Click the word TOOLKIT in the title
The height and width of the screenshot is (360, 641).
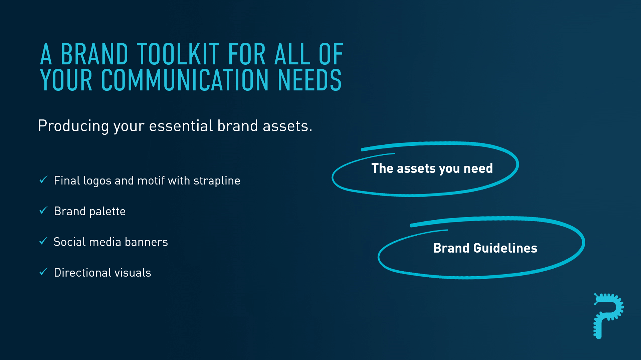tap(178, 54)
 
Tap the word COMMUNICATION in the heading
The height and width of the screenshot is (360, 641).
tap(185, 80)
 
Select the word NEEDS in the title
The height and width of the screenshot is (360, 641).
tap(309, 80)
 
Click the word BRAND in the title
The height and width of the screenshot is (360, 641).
tap(94, 54)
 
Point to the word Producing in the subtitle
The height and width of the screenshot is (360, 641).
tap(73, 126)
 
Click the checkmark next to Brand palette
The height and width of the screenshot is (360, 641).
tap(43, 210)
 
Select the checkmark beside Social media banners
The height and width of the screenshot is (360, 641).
tap(43, 241)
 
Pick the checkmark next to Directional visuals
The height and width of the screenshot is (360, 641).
tap(43, 272)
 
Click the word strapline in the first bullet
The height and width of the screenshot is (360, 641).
tap(217, 181)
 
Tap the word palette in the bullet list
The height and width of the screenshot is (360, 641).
tap(108, 211)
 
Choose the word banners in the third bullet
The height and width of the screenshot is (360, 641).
tap(146, 242)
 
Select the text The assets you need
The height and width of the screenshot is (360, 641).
tap(432, 169)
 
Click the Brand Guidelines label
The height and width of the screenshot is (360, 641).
tap(485, 248)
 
